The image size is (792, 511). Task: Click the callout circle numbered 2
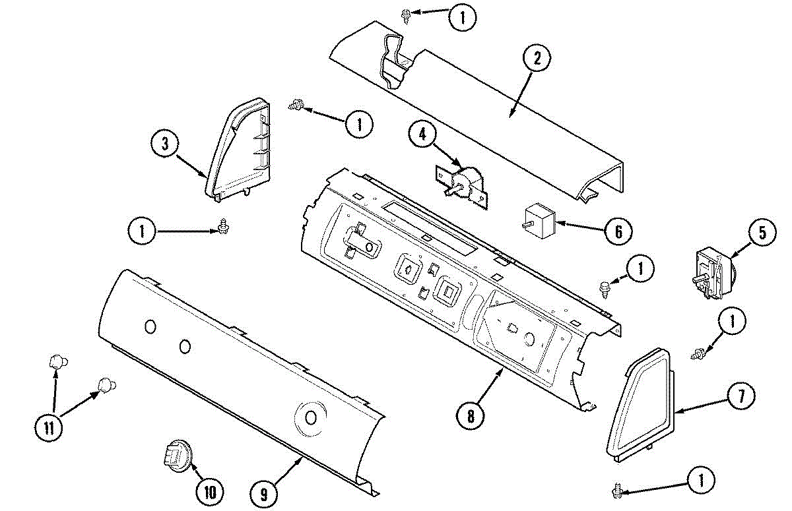[x=536, y=59]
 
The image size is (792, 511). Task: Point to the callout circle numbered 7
[x=740, y=396]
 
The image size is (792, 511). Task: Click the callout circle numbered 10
[x=209, y=491]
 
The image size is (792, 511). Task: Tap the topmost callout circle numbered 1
[x=462, y=18]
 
